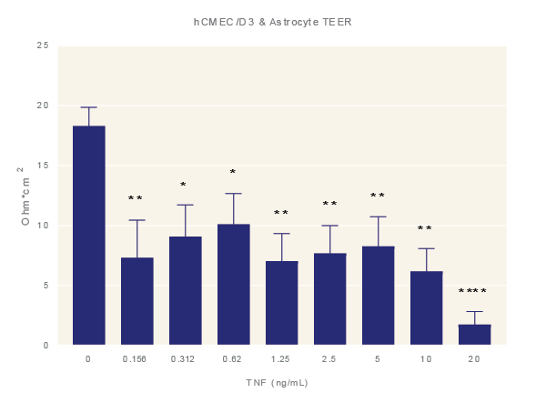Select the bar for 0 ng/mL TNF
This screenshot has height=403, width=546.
click(88, 236)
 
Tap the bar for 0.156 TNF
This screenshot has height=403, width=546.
click(136, 301)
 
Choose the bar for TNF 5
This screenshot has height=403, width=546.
click(378, 296)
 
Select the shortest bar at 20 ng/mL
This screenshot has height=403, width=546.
click(474, 335)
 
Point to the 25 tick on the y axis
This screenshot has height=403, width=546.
click(42, 45)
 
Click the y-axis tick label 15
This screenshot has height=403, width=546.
click(42, 166)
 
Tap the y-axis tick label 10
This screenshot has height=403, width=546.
click(42, 226)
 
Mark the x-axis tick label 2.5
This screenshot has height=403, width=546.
click(329, 359)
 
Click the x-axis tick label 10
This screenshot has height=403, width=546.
click(426, 359)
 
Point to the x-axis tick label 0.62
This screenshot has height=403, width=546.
click(233, 359)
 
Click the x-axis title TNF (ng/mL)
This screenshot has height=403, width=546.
click(277, 383)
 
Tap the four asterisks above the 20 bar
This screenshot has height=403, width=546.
click(472, 292)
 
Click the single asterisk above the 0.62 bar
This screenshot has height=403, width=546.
click(233, 173)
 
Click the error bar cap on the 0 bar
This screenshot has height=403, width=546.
click(88, 107)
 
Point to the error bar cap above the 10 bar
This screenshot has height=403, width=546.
click(426, 248)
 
